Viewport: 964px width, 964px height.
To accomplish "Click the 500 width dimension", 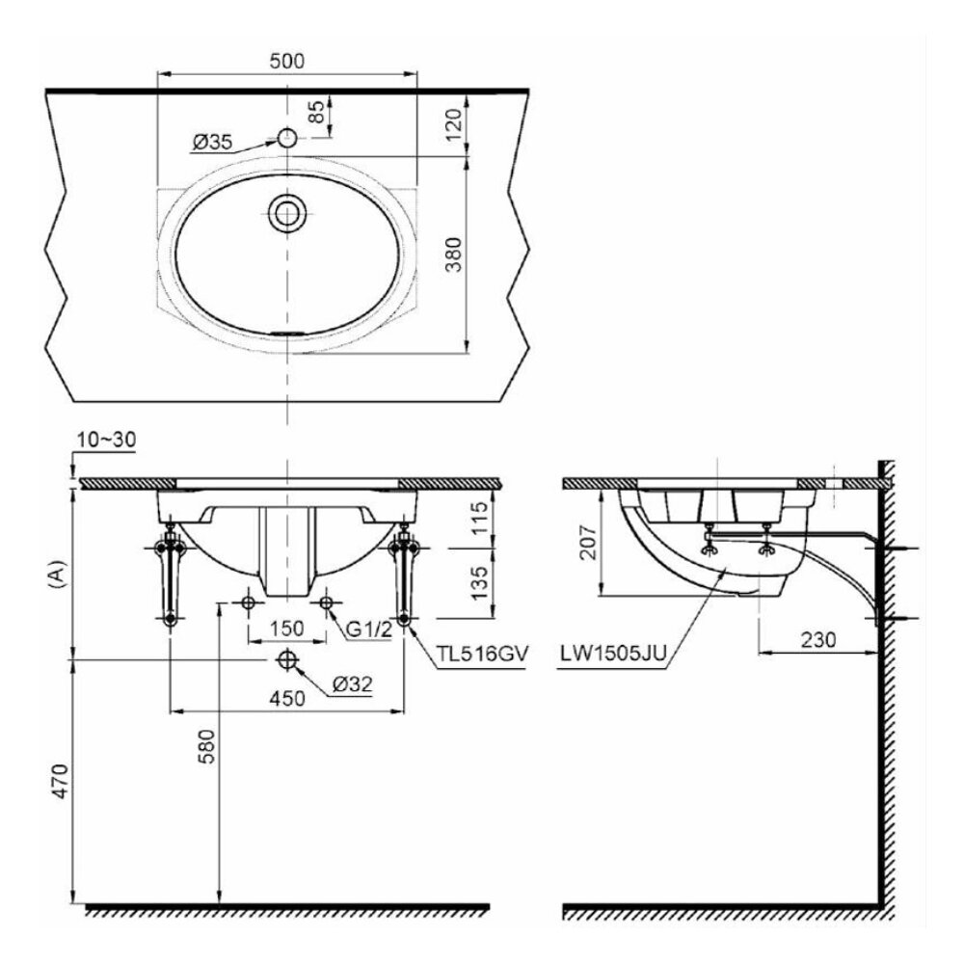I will pos(287,60).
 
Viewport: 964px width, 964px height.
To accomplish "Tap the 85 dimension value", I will pos(314,114).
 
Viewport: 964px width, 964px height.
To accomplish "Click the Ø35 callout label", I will pos(211,143).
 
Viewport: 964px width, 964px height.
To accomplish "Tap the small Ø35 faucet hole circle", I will pos(286,138).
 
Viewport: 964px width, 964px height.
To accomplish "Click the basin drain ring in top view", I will pos(286,212).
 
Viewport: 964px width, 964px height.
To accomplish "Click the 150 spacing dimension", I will pos(286,629).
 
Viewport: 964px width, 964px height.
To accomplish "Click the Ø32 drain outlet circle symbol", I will pos(286,659).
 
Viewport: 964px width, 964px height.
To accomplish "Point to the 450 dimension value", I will pos(286,699).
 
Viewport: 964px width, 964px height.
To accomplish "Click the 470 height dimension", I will pos(59,780).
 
